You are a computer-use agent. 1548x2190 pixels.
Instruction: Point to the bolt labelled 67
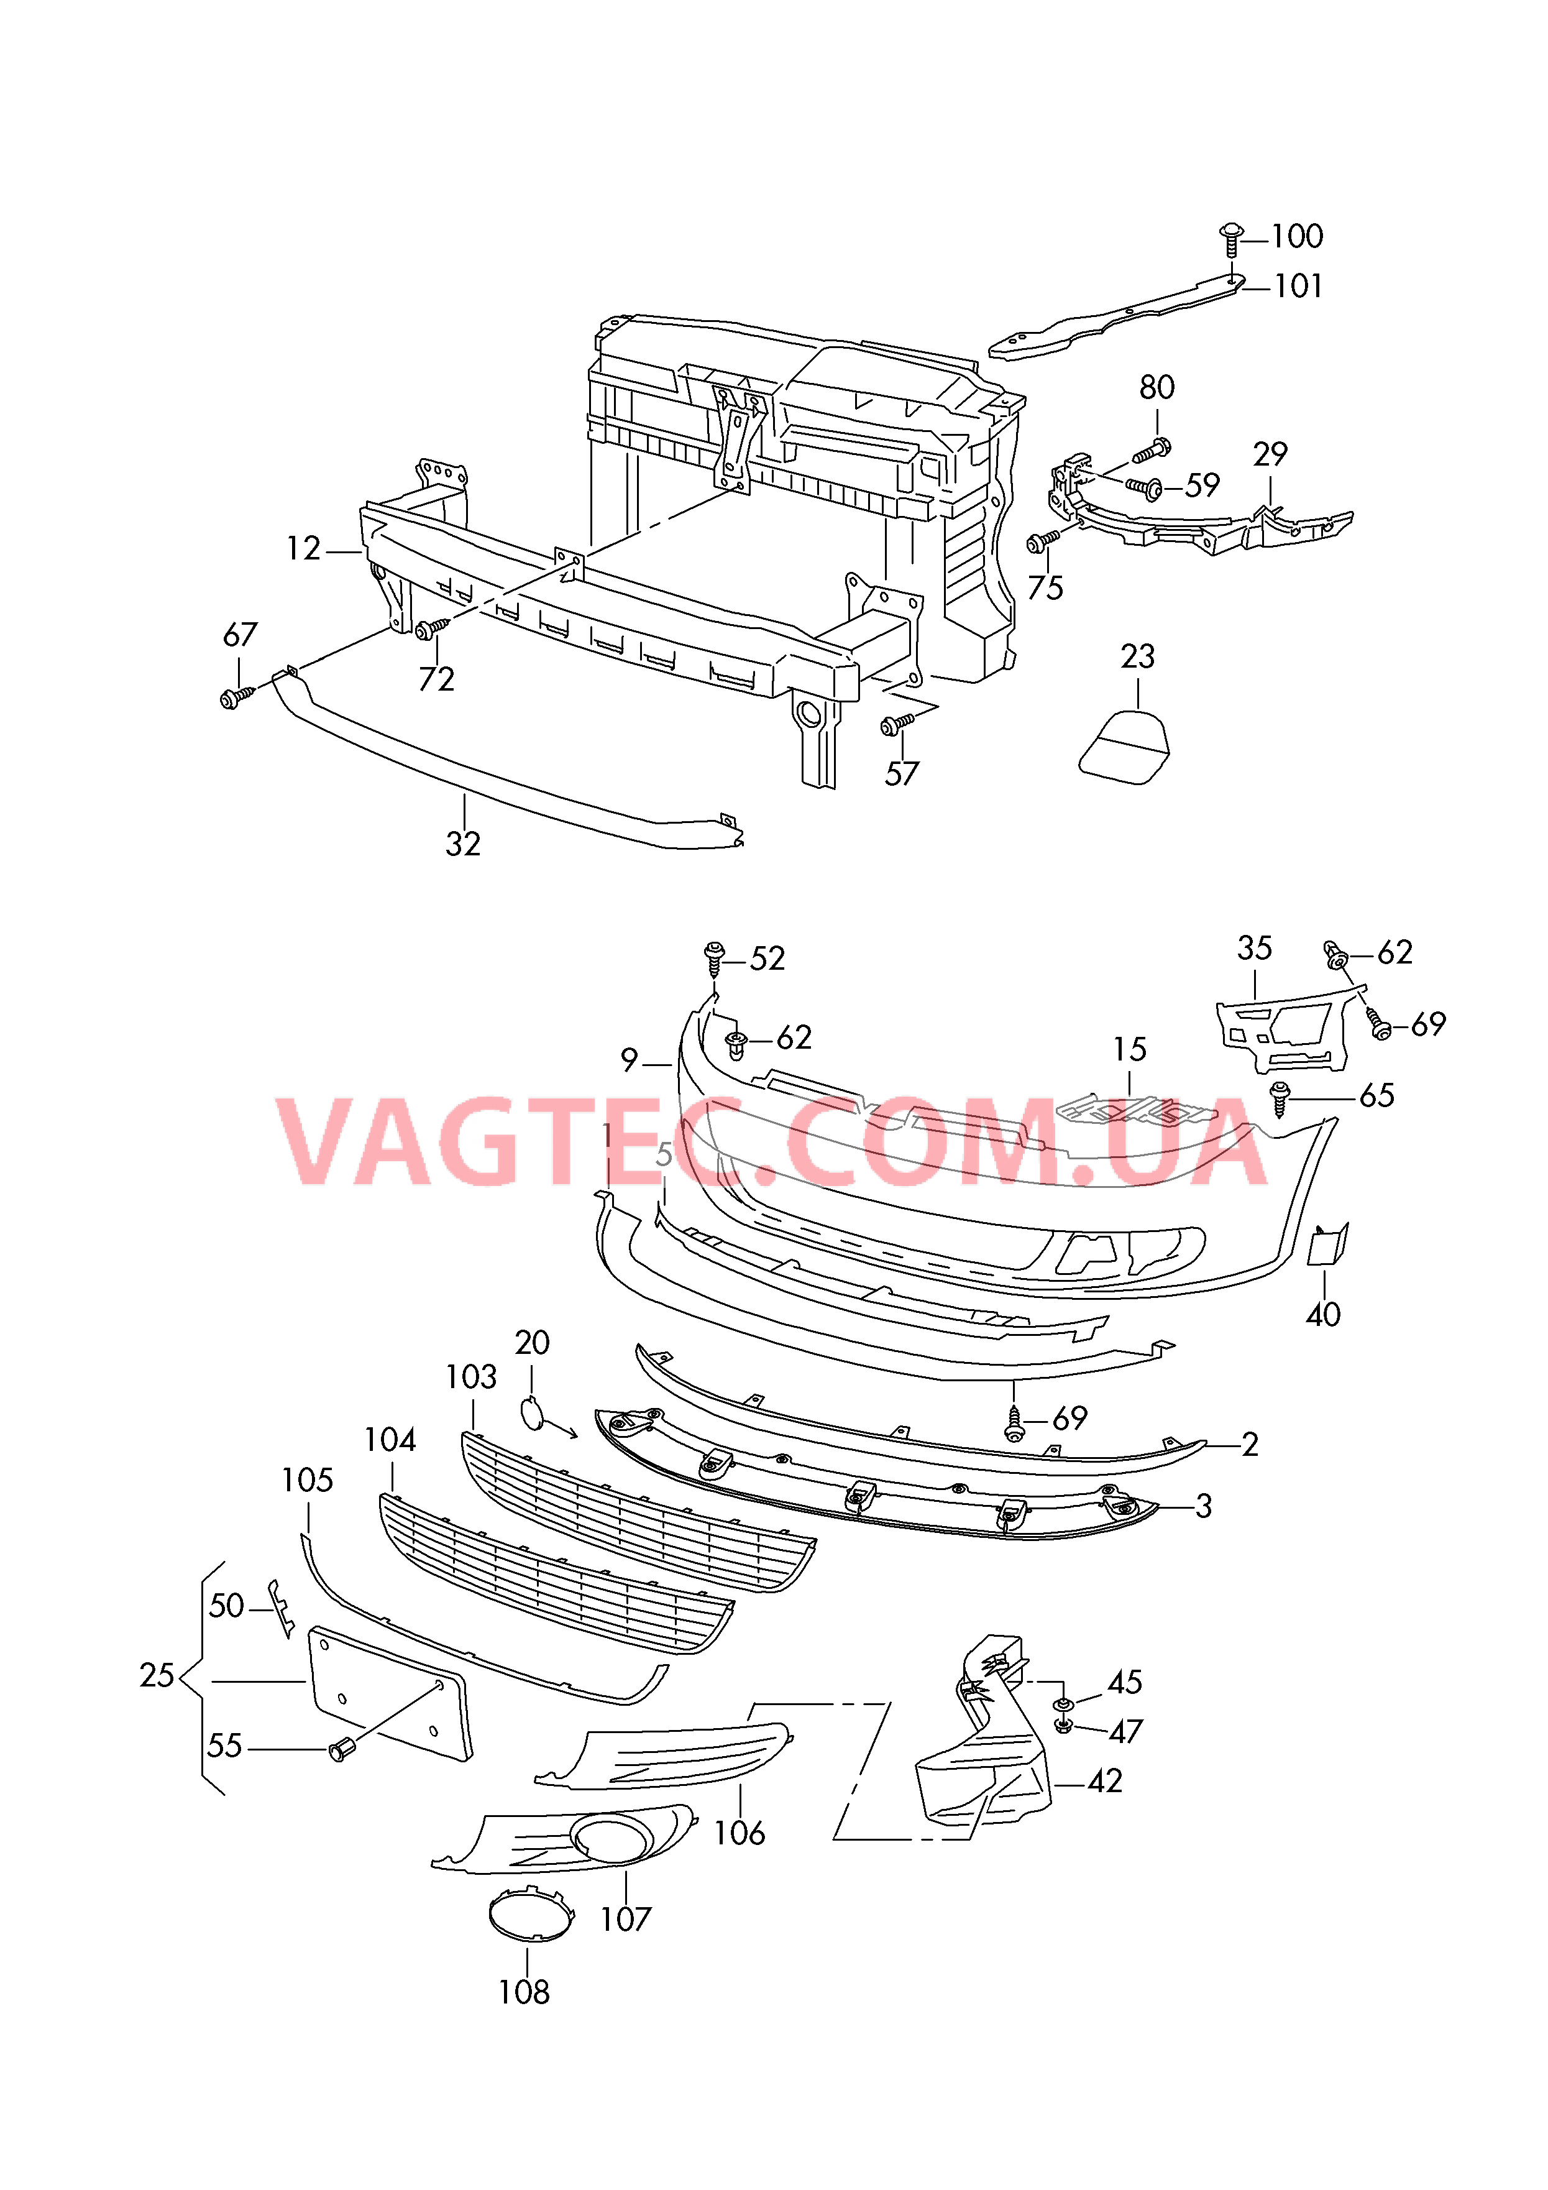237,698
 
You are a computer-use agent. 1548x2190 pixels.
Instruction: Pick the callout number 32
464,844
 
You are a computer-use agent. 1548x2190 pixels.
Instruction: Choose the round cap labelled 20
532,1412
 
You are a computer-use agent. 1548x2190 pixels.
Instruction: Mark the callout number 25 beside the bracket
157,1675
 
